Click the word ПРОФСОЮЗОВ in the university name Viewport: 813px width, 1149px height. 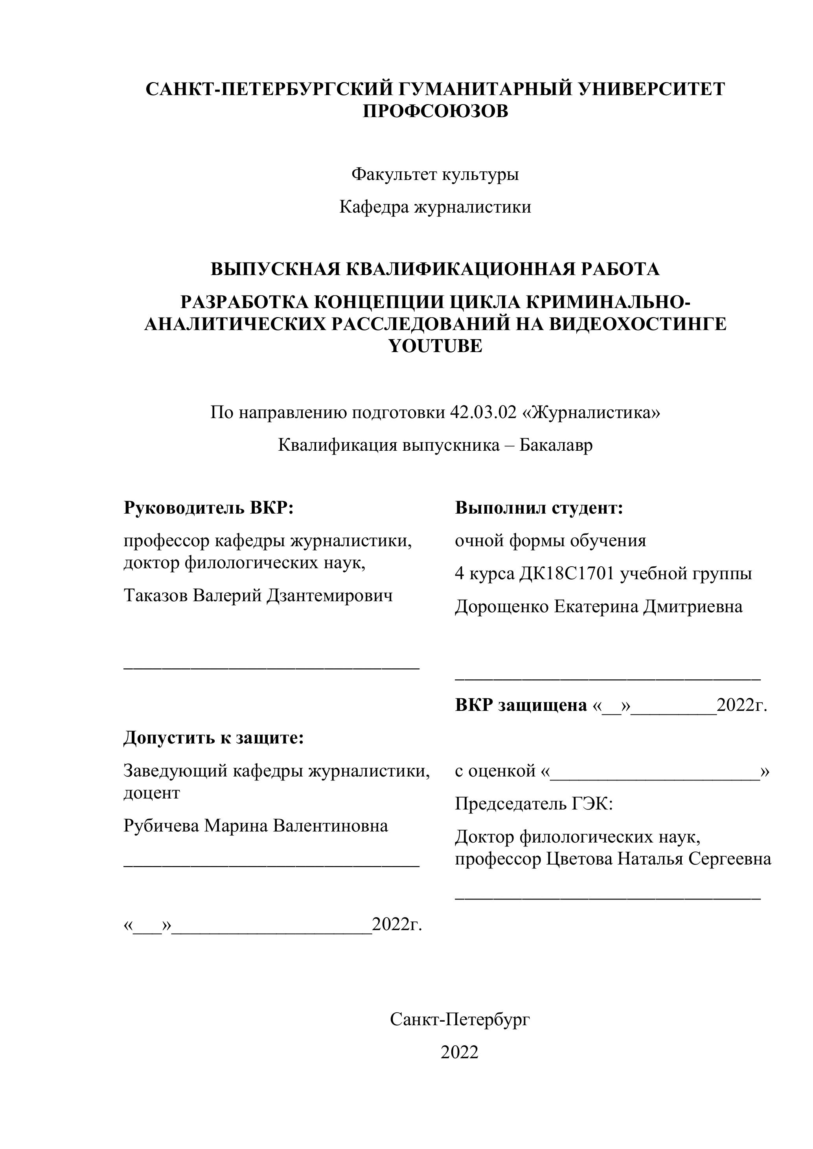click(435, 112)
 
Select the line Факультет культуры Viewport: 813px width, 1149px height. click(435, 174)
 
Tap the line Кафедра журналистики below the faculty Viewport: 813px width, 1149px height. click(435, 207)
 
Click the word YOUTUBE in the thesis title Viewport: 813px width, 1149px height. click(435, 346)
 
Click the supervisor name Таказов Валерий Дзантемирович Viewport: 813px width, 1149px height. click(258, 595)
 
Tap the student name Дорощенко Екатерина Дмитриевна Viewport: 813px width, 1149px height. click(598, 607)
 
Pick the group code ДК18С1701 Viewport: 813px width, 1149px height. click(567, 573)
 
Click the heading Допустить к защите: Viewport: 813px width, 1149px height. click(214, 737)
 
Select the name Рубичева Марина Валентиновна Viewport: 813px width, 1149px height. click(256, 825)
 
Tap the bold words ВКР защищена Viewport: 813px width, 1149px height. click(521, 705)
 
